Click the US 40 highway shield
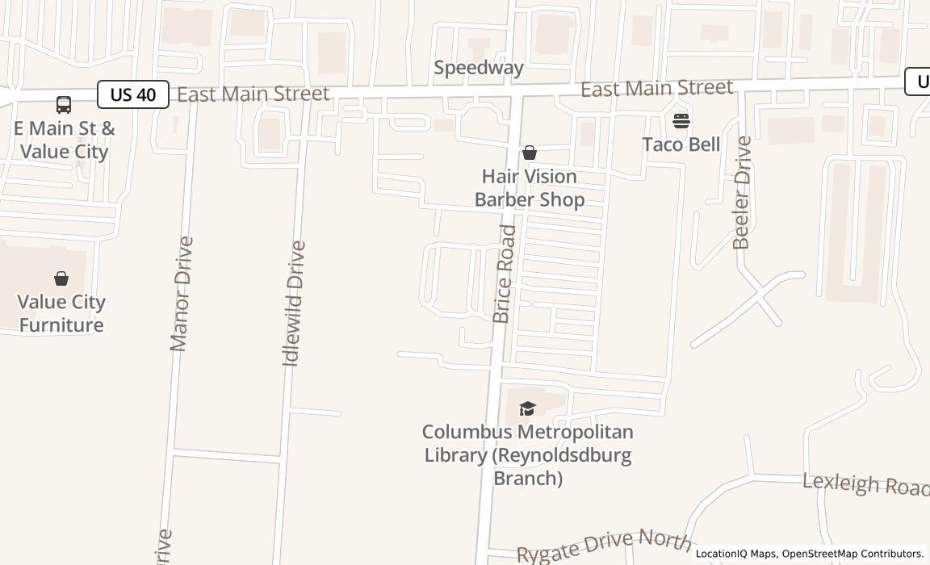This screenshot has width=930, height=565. click(133, 94)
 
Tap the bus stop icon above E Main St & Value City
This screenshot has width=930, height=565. click(63, 104)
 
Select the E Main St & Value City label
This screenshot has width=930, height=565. click(64, 140)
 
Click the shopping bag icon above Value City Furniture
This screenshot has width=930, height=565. click(61, 278)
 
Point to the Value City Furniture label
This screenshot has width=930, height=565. click(61, 313)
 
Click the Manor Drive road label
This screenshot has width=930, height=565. click(182, 293)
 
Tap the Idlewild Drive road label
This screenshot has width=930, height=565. click(295, 303)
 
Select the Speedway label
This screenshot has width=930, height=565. click(479, 68)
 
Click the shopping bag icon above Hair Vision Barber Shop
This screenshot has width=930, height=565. click(530, 153)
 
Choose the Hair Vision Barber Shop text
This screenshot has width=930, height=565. click(530, 188)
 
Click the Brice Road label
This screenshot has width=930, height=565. click(504, 274)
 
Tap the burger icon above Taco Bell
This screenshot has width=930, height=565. click(681, 121)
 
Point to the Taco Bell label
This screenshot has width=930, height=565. click(681, 144)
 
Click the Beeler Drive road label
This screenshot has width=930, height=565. click(742, 192)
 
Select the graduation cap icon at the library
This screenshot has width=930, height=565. click(528, 408)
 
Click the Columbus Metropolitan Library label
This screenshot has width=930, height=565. click(528, 454)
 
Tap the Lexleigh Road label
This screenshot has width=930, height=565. click(865, 484)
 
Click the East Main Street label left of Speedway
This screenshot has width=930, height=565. click(253, 94)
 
